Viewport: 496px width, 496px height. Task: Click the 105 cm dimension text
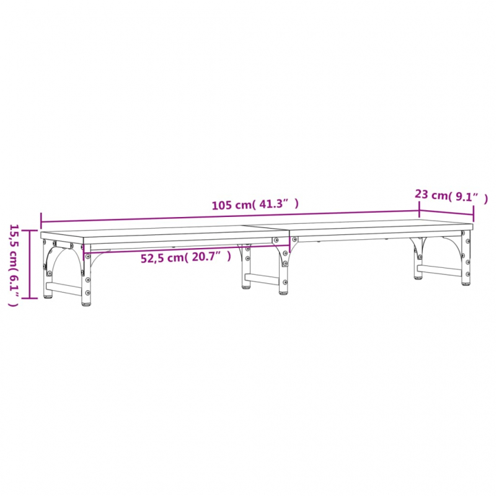pyautogui.click(x=231, y=205)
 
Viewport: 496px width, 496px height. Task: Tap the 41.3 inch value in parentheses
pyautogui.click(x=275, y=204)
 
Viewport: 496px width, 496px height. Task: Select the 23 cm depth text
pyautogui.click(x=430, y=195)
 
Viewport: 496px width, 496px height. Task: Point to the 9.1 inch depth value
pyautogui.click(x=467, y=197)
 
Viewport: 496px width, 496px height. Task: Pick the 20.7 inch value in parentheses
pyautogui.click(x=207, y=257)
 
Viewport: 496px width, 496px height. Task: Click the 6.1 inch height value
pyautogui.click(x=14, y=285)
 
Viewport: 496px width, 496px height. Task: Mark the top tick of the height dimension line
pyautogui.click(x=29, y=231)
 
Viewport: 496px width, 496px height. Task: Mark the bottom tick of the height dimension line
pyautogui.click(x=29, y=298)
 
